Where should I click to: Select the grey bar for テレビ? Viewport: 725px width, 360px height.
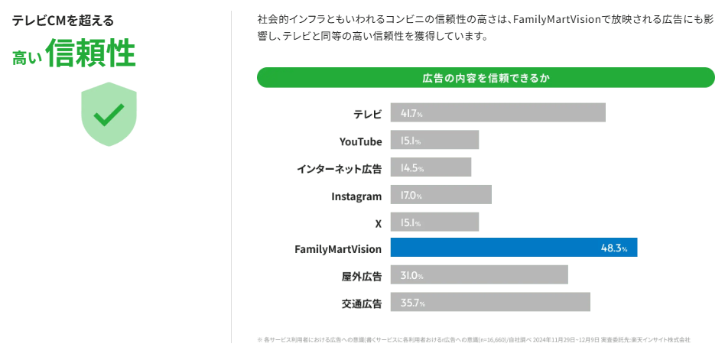[x=497, y=112]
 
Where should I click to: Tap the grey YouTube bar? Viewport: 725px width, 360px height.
[x=434, y=141]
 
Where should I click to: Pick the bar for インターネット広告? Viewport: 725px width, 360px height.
[x=431, y=167]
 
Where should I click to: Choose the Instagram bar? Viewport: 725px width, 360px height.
[x=441, y=195]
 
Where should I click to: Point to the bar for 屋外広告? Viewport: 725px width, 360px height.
[x=479, y=275]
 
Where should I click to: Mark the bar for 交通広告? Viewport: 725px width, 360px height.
[x=490, y=303]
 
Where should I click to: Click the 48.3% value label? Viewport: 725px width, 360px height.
[x=614, y=248]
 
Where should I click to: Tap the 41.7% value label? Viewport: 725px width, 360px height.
[x=411, y=113]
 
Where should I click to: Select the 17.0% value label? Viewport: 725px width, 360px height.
[x=411, y=196]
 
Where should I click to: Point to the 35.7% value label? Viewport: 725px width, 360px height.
[x=412, y=303]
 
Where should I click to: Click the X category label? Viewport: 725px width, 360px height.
[x=378, y=223]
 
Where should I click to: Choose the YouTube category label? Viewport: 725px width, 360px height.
[x=360, y=141]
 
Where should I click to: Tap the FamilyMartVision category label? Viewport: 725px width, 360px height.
[x=338, y=249]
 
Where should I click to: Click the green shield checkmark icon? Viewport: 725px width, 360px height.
[x=109, y=114]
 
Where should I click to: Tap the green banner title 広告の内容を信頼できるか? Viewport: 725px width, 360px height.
[x=486, y=78]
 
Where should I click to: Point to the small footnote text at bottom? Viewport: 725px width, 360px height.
[x=474, y=339]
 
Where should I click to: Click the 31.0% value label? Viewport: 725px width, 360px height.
[x=411, y=276]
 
